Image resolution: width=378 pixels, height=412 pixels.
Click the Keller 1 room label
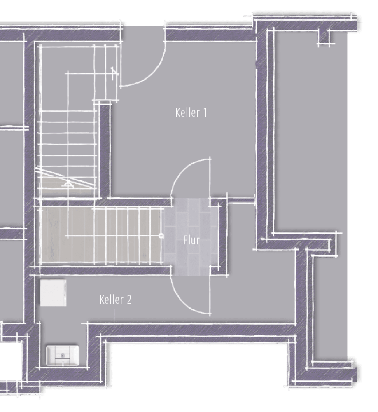click(191, 112)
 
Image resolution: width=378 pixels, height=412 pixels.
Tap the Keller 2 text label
click(115, 299)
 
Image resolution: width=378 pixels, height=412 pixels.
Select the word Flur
click(191, 240)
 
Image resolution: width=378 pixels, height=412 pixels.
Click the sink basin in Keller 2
click(63, 356)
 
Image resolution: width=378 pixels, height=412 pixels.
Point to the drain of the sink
click(63, 356)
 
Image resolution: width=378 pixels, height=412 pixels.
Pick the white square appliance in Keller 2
click(53, 293)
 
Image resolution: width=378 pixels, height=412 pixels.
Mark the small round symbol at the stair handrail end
click(161, 236)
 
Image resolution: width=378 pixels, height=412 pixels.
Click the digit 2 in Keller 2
click(129, 300)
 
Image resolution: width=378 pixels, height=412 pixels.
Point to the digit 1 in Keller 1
click(205, 112)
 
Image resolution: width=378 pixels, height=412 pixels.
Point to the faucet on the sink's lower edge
click(63, 363)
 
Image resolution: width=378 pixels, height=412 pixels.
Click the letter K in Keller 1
click(177, 112)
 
